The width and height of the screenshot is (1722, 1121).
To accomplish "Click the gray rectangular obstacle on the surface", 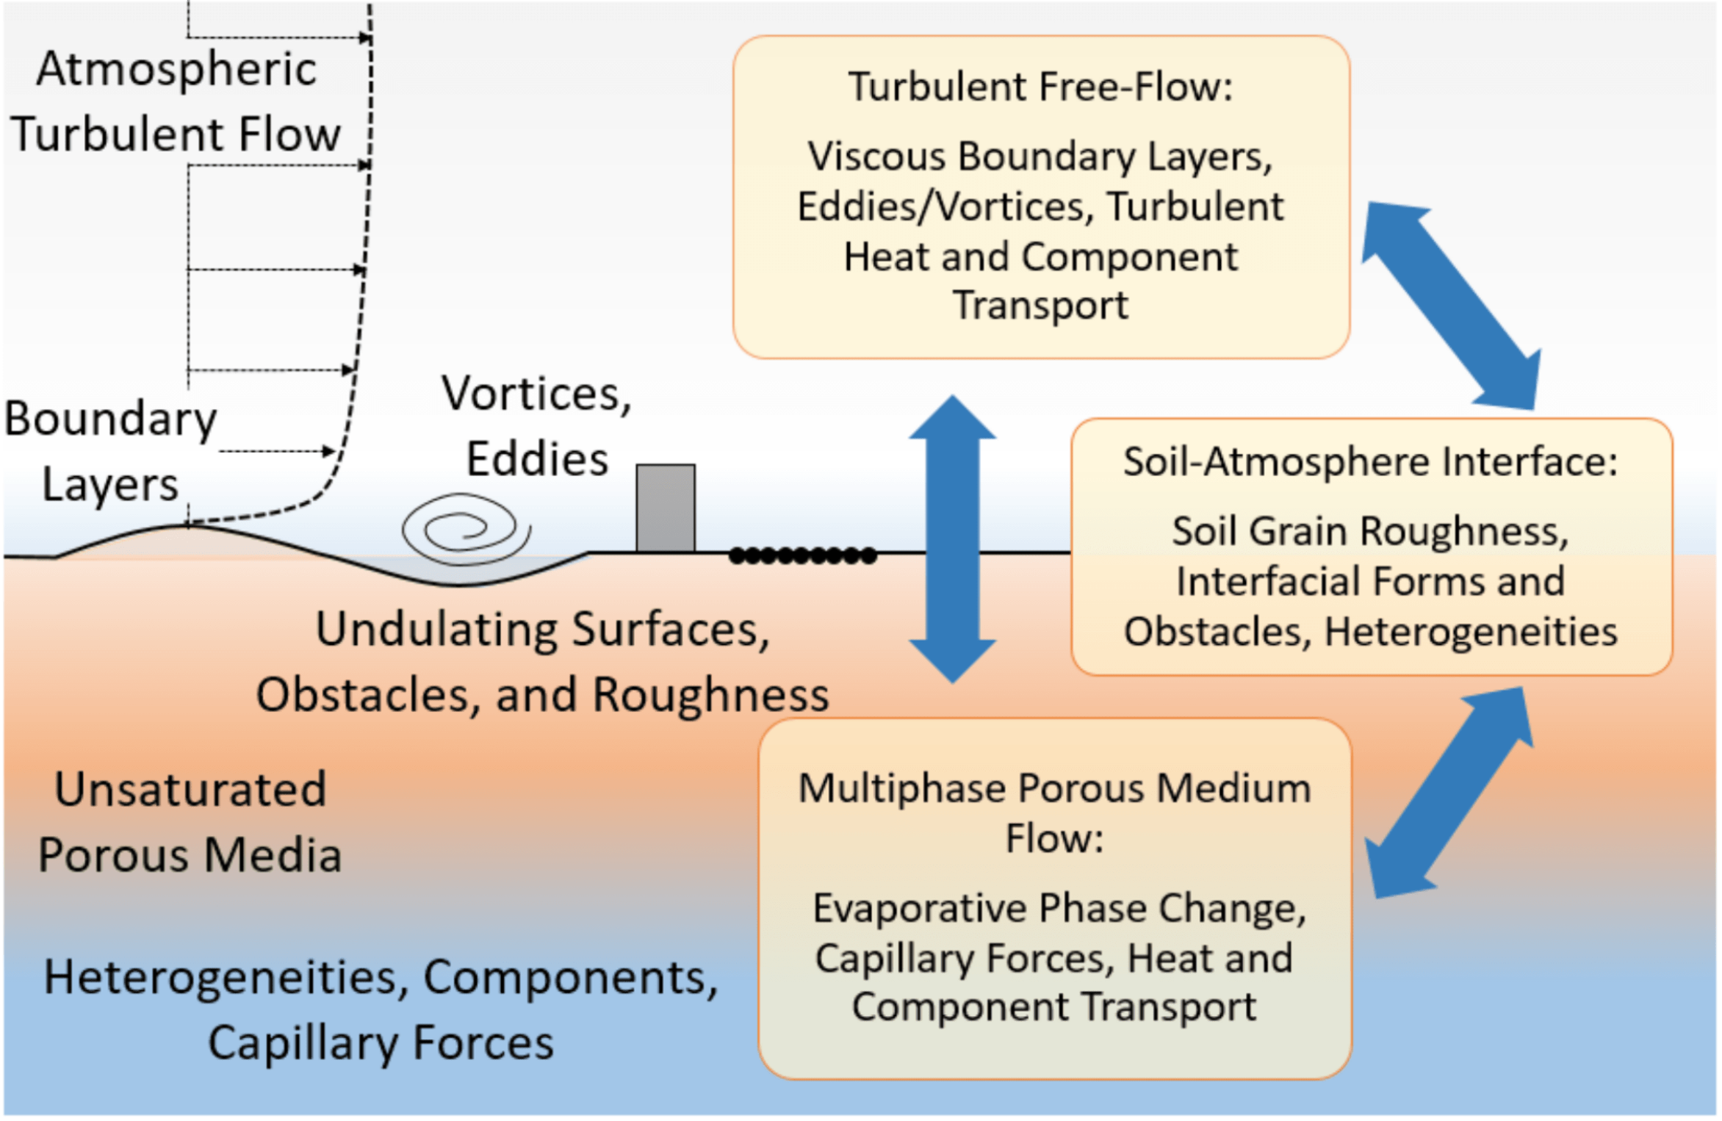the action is [x=666, y=508].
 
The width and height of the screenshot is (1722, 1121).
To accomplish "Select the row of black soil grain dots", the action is [x=802, y=555].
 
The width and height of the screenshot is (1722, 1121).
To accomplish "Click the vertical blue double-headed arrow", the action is [x=952, y=539].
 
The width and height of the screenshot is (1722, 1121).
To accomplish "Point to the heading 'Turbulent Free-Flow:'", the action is [x=1040, y=86].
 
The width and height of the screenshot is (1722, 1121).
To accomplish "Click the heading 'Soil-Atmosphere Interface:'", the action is [x=1370, y=461].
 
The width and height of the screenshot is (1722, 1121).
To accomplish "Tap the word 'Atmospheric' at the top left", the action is [x=176, y=69].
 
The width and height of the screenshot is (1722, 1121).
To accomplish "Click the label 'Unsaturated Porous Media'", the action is [x=190, y=822].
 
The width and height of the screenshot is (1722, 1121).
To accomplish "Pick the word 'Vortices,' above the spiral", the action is [x=536, y=394].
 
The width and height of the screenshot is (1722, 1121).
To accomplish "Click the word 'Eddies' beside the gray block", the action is [x=537, y=458].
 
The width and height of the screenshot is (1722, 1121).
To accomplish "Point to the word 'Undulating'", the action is [x=437, y=629].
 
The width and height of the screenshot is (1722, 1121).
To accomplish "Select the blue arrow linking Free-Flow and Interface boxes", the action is [x=1452, y=306].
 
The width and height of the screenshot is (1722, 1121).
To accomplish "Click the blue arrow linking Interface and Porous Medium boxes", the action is [x=1450, y=792].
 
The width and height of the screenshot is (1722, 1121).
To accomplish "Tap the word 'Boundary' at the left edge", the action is [x=110, y=420].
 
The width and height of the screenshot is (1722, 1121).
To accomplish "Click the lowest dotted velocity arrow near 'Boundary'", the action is [x=277, y=450].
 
